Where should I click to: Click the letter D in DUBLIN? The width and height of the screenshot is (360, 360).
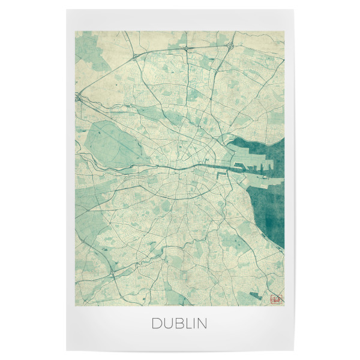tap(156, 323)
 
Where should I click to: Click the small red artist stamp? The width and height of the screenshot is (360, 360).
tap(276, 298)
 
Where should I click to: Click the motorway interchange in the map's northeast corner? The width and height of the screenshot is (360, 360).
tap(229, 45)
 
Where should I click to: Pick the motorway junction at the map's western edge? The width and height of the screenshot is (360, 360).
tap(77, 96)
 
